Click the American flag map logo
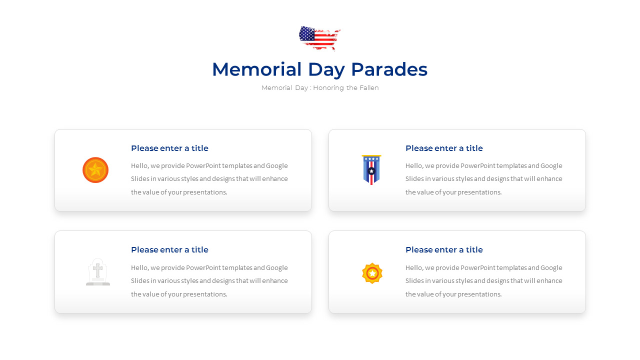(319, 38)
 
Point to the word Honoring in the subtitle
(328, 88)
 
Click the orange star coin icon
(95, 170)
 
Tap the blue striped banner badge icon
(371, 170)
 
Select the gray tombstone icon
(98, 272)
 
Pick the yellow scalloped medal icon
(372, 273)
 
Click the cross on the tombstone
(98, 270)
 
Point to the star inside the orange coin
(95, 170)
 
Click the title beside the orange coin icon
(169, 148)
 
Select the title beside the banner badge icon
(444, 148)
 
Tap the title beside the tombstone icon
(169, 250)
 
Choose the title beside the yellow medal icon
(444, 250)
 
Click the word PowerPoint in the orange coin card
(203, 166)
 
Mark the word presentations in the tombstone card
(205, 294)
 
